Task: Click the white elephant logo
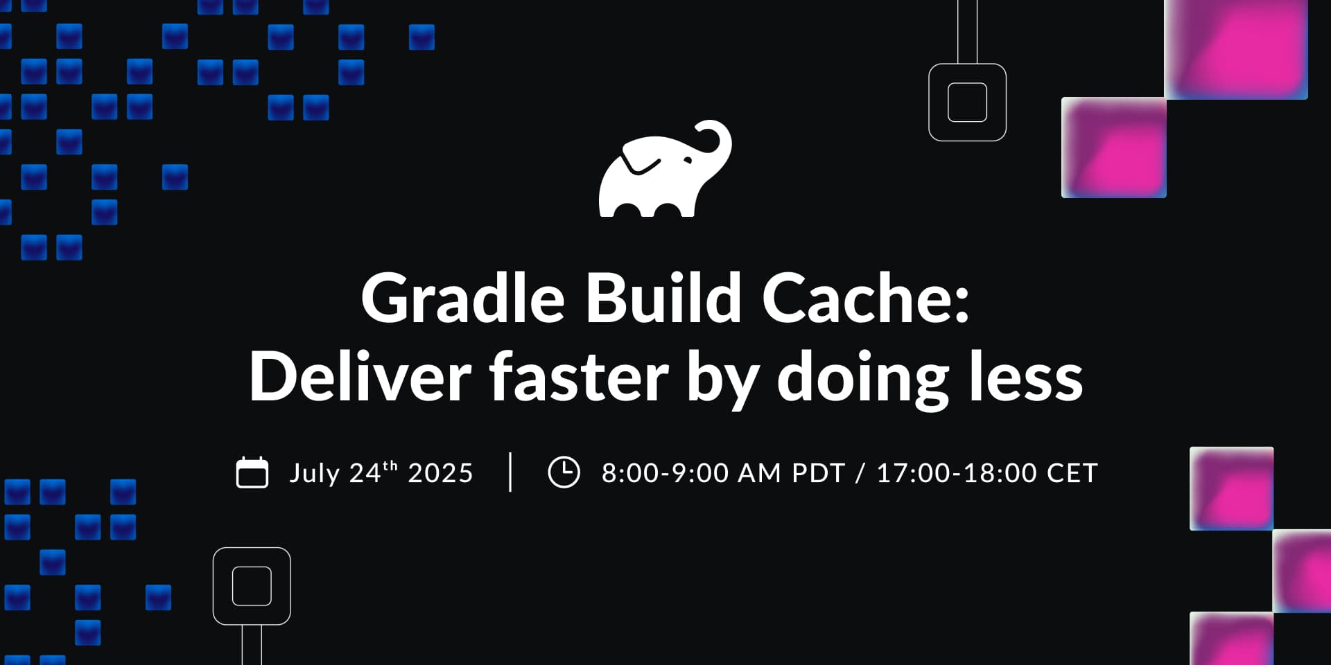click(x=664, y=170)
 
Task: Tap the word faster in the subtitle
click(x=580, y=376)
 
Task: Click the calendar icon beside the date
click(x=252, y=472)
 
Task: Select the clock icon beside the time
click(x=564, y=472)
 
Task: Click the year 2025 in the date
click(x=440, y=473)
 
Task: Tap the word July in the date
click(x=315, y=475)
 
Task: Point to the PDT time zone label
click(x=818, y=473)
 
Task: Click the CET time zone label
click(x=1072, y=473)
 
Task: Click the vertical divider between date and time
click(x=510, y=472)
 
